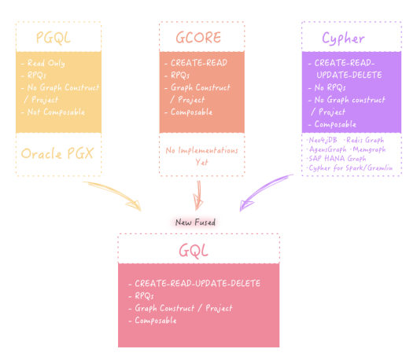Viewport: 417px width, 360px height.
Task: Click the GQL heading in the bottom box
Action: point(198,250)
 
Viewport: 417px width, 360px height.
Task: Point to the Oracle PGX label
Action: point(57,153)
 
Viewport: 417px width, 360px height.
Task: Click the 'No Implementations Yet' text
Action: point(201,154)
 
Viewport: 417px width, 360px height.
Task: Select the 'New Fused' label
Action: point(194,222)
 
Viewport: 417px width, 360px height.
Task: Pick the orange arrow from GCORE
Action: point(199,197)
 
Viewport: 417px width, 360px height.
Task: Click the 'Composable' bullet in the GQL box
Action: point(155,320)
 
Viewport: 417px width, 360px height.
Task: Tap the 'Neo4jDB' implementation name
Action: point(323,140)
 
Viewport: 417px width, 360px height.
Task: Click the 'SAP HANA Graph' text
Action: point(337,159)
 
